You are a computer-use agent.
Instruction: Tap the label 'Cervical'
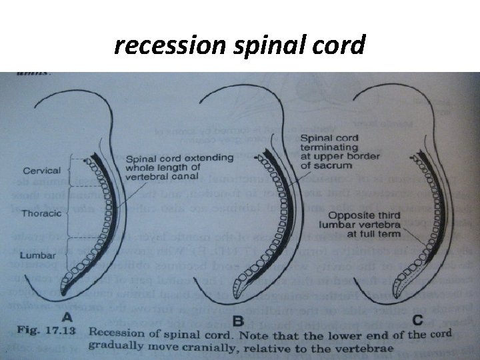tap(41, 171)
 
